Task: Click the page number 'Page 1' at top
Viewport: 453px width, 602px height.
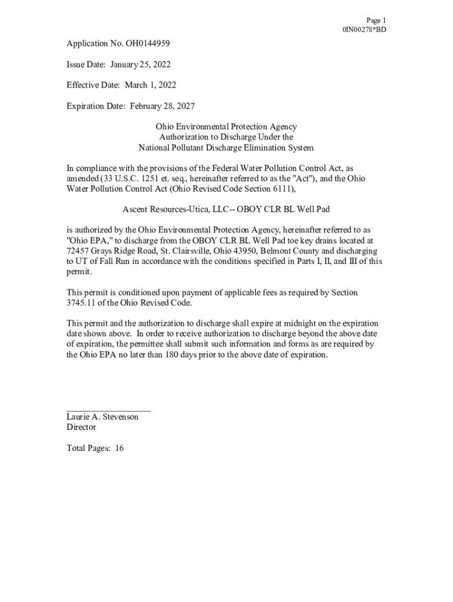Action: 376,20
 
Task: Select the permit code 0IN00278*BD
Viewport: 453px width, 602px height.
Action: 364,29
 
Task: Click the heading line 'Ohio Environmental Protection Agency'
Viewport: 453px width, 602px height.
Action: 226,127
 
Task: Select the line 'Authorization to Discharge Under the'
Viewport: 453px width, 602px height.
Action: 226,137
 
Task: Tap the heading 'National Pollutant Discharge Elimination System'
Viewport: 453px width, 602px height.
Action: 226,148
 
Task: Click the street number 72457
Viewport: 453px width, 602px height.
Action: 78,251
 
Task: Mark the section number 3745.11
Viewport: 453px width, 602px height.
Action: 81,303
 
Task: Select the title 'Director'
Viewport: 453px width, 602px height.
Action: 81,427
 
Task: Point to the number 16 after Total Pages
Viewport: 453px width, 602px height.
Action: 119,448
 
